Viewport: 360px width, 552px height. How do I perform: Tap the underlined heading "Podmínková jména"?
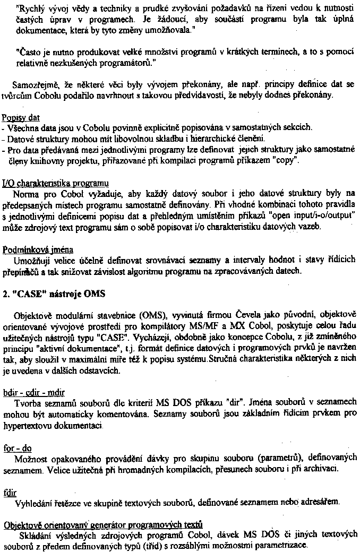(38, 249)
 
